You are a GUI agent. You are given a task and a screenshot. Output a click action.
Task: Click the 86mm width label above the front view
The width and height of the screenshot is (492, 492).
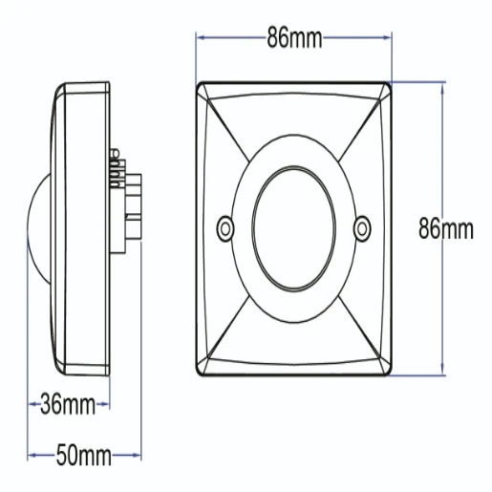pyautogui.click(x=294, y=39)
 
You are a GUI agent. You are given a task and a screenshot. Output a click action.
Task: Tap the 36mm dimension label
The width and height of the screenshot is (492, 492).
pyautogui.click(x=68, y=404)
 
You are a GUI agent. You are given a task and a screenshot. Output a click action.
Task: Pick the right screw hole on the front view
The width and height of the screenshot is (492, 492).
pyautogui.click(x=362, y=227)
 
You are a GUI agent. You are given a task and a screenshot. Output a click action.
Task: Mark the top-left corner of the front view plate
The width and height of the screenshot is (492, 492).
pyautogui.click(x=200, y=84)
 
